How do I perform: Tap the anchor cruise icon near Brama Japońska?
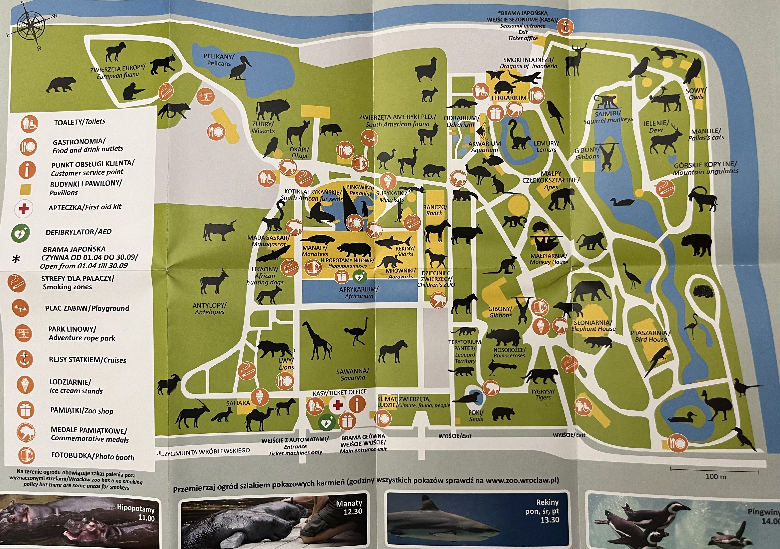click(564, 27)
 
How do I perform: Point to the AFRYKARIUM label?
click(358, 292)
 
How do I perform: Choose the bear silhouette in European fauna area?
click(61, 84)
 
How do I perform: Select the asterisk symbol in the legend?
click(16, 259)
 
